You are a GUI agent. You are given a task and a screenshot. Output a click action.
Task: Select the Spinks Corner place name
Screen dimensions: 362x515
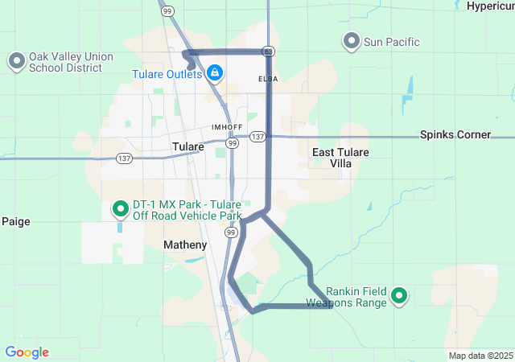click(455, 135)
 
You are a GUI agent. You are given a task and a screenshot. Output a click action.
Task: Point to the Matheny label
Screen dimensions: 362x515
click(185, 245)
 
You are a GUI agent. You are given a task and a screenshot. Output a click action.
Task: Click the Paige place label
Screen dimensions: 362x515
click(16, 221)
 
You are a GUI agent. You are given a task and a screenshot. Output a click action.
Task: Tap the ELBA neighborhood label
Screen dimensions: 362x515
click(268, 79)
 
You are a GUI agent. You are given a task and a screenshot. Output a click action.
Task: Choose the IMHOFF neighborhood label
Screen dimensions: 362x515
click(226, 127)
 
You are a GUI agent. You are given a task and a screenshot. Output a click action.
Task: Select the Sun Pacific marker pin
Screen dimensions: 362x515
click(351, 40)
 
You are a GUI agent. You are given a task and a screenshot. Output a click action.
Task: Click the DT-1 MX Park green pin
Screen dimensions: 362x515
click(121, 210)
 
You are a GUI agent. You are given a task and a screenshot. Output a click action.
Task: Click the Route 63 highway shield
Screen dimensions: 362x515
click(268, 51)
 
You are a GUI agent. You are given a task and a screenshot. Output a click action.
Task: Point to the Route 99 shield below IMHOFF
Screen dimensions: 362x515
click(231, 143)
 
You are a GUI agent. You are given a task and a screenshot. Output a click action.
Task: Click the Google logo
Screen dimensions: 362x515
click(27, 352)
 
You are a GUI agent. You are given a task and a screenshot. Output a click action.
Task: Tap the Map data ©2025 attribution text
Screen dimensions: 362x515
click(480, 356)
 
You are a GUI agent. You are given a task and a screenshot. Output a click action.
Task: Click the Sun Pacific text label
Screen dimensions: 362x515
click(392, 42)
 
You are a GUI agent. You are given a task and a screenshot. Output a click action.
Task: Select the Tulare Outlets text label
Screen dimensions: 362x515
click(167, 75)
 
